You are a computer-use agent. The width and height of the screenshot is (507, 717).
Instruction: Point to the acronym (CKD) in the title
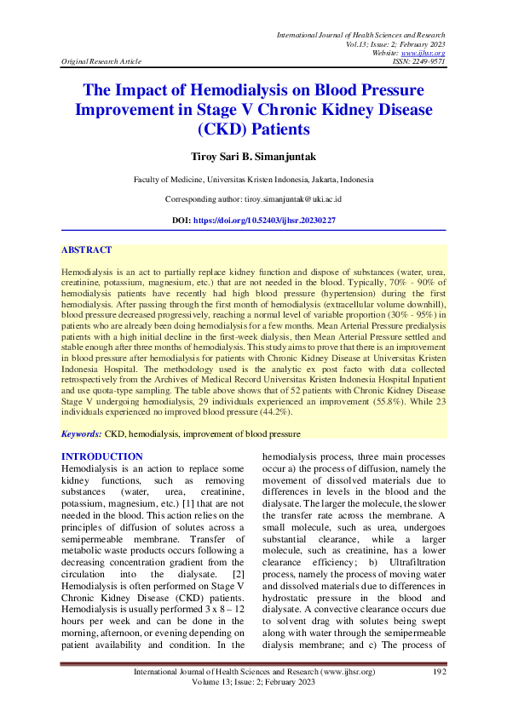[223, 129]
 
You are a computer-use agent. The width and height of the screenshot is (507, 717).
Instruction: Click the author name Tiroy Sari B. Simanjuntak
[253, 158]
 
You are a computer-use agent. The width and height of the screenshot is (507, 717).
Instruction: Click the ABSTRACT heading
[86, 250]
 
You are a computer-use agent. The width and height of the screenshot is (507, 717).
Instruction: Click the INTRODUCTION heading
[102, 457]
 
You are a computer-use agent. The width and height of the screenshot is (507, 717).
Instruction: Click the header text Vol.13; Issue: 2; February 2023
[395, 43]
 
